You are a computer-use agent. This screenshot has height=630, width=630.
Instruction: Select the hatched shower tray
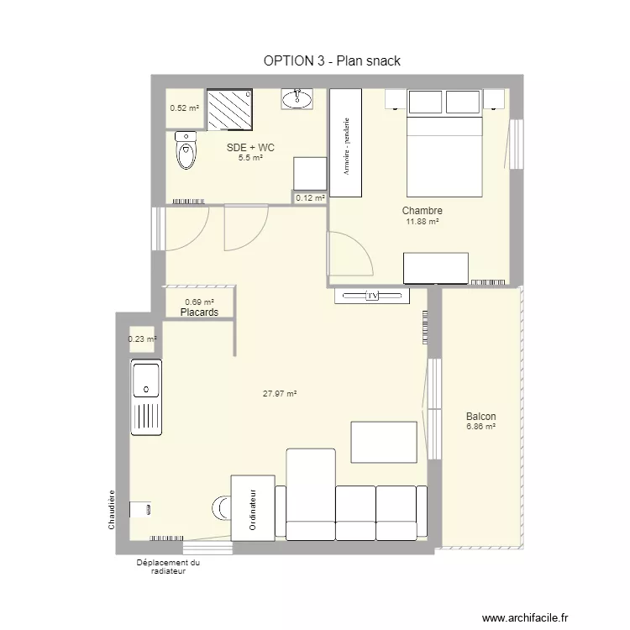point(229,110)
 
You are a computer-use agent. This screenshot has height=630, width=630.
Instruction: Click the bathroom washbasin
point(297,100)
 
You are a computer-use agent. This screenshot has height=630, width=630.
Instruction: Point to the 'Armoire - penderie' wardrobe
point(345,144)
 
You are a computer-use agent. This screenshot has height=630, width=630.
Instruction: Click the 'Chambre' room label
point(422,211)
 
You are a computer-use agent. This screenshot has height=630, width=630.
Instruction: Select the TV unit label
point(370,296)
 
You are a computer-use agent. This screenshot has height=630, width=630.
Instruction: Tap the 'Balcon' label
point(480,417)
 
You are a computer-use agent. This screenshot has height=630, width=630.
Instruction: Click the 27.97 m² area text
point(281,393)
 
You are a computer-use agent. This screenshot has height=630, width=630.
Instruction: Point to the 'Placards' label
point(199,312)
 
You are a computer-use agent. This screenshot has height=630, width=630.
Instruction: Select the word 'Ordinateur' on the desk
point(252,509)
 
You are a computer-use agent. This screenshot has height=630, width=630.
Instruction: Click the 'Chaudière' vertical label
point(111,509)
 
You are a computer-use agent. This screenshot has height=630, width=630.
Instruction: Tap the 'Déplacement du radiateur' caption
point(169,567)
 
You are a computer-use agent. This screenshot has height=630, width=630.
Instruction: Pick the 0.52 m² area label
point(184,108)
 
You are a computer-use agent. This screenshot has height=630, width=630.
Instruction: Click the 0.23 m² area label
point(142,339)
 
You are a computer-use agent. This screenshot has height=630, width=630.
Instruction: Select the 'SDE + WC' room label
point(250,148)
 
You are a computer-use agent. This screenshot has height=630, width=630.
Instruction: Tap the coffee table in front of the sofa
point(384,443)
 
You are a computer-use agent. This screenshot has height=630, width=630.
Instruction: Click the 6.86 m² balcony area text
point(480,427)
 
